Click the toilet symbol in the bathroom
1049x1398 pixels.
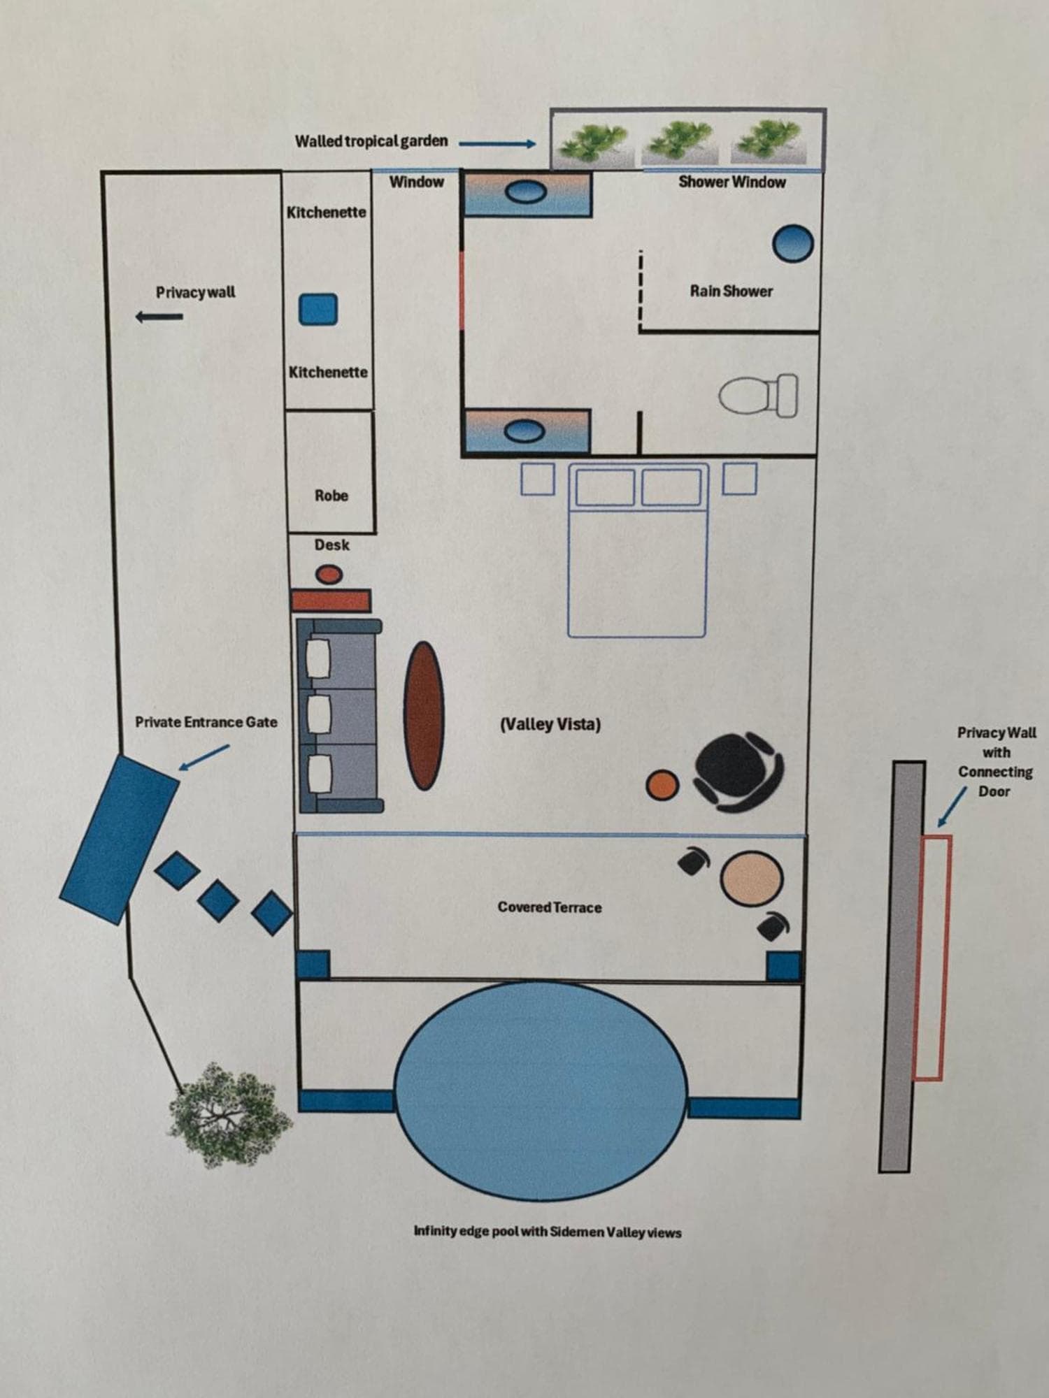pyautogui.click(x=759, y=396)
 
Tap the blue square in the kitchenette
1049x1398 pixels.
pyautogui.click(x=318, y=309)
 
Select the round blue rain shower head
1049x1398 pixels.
pyautogui.click(x=793, y=243)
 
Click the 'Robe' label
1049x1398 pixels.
pyautogui.click(x=331, y=496)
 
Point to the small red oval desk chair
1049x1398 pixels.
pyautogui.click(x=329, y=575)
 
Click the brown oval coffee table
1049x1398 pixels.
pyautogui.click(x=424, y=716)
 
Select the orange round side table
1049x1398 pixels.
pyautogui.click(x=662, y=784)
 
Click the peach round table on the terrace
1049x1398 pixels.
pyautogui.click(x=752, y=877)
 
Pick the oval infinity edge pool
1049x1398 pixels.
pyautogui.click(x=540, y=1090)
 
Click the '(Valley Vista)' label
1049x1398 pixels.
pyautogui.click(x=550, y=724)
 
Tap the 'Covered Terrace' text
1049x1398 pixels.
pyautogui.click(x=550, y=907)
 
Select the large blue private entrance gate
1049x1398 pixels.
pyautogui.click(x=119, y=839)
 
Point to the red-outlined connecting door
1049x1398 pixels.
pyautogui.click(x=932, y=958)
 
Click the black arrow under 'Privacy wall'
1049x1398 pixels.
pyautogui.click(x=159, y=317)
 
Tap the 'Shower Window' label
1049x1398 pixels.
pyautogui.click(x=732, y=182)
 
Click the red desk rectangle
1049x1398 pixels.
pyautogui.click(x=330, y=600)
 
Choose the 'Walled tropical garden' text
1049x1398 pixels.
pyautogui.click(x=371, y=141)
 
